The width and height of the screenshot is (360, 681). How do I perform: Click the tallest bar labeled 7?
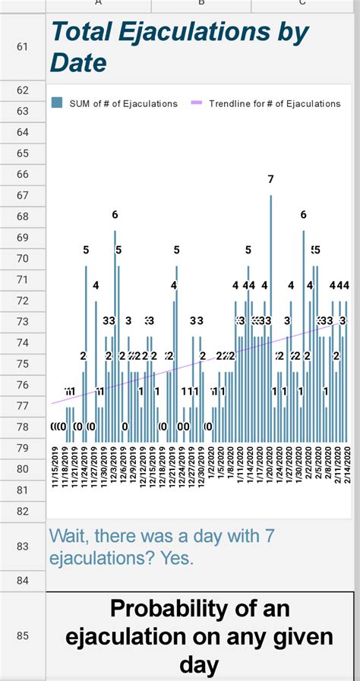[271, 319]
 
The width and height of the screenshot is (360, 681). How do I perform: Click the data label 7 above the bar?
[270, 179]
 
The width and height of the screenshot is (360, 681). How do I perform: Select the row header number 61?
[21, 47]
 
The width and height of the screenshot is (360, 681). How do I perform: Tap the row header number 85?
[21, 635]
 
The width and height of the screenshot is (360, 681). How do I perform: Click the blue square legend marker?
[56, 103]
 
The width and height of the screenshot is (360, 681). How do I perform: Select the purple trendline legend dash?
[195, 103]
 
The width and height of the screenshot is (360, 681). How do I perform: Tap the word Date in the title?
[78, 62]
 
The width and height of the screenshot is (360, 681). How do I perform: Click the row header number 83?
[21, 546]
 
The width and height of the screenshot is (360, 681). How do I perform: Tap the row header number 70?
[21, 258]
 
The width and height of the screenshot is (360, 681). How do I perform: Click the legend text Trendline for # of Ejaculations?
[275, 103]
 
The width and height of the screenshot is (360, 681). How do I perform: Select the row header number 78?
[21, 427]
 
